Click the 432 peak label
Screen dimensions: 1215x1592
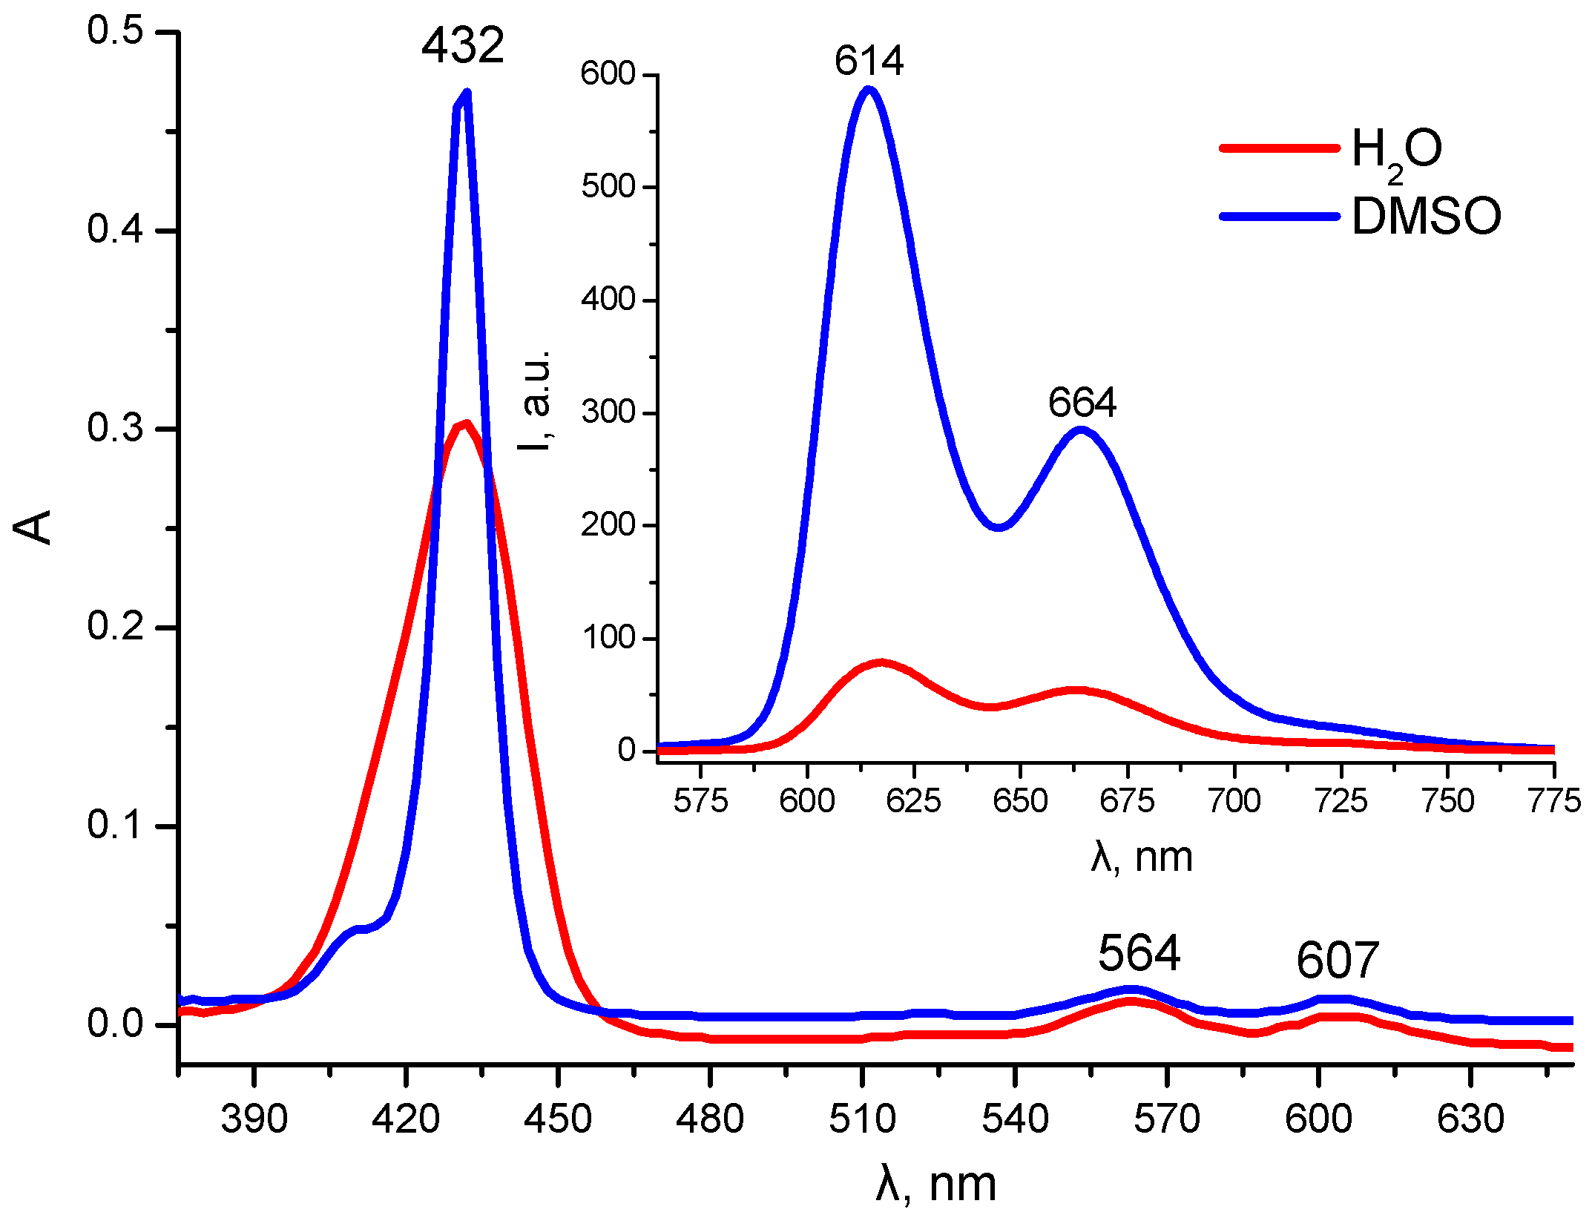[x=463, y=46]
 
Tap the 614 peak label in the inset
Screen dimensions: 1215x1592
[x=869, y=61]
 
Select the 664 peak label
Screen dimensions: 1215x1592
[x=1082, y=403]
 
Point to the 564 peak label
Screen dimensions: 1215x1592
[x=1139, y=953]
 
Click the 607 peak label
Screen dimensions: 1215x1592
[x=1338, y=961]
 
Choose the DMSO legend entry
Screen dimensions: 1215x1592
[x=1426, y=217]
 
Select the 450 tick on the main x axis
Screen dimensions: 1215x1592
[x=558, y=1119]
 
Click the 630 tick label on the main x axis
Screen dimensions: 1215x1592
[x=1470, y=1119]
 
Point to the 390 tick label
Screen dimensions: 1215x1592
[x=254, y=1119]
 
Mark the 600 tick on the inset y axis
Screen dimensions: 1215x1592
[x=608, y=74]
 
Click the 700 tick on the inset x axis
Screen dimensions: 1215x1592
[x=1234, y=801]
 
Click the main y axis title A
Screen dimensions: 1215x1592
[x=33, y=527]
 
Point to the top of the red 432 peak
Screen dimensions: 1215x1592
[x=465, y=424]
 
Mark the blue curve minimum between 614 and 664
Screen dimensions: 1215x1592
[x=999, y=527]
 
